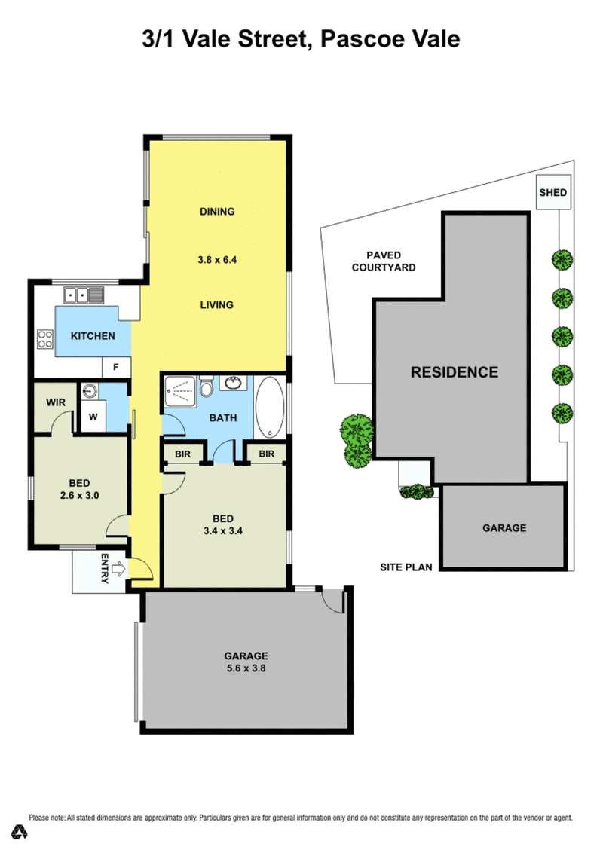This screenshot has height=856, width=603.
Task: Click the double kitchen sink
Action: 84,295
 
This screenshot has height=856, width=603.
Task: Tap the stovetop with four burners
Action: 44,338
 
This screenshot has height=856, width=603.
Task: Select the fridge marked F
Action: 116,368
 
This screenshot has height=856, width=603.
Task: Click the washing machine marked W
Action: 93,417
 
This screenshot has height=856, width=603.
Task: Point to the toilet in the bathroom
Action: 207,386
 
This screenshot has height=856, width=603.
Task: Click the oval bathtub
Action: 270,407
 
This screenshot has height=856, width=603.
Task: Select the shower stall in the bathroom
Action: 179,391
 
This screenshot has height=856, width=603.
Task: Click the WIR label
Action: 56,402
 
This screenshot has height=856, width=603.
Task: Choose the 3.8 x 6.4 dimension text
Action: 217,260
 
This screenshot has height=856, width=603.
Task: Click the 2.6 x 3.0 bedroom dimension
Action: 80,496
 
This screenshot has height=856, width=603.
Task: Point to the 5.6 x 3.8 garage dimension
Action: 246,668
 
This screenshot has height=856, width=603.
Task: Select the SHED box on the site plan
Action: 552,192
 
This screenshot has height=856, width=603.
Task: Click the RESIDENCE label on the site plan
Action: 455,372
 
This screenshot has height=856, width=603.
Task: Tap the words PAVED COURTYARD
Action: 384,261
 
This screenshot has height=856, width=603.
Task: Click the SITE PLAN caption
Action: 406,567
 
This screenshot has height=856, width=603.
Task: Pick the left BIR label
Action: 182,454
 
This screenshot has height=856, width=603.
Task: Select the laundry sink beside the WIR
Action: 90,391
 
